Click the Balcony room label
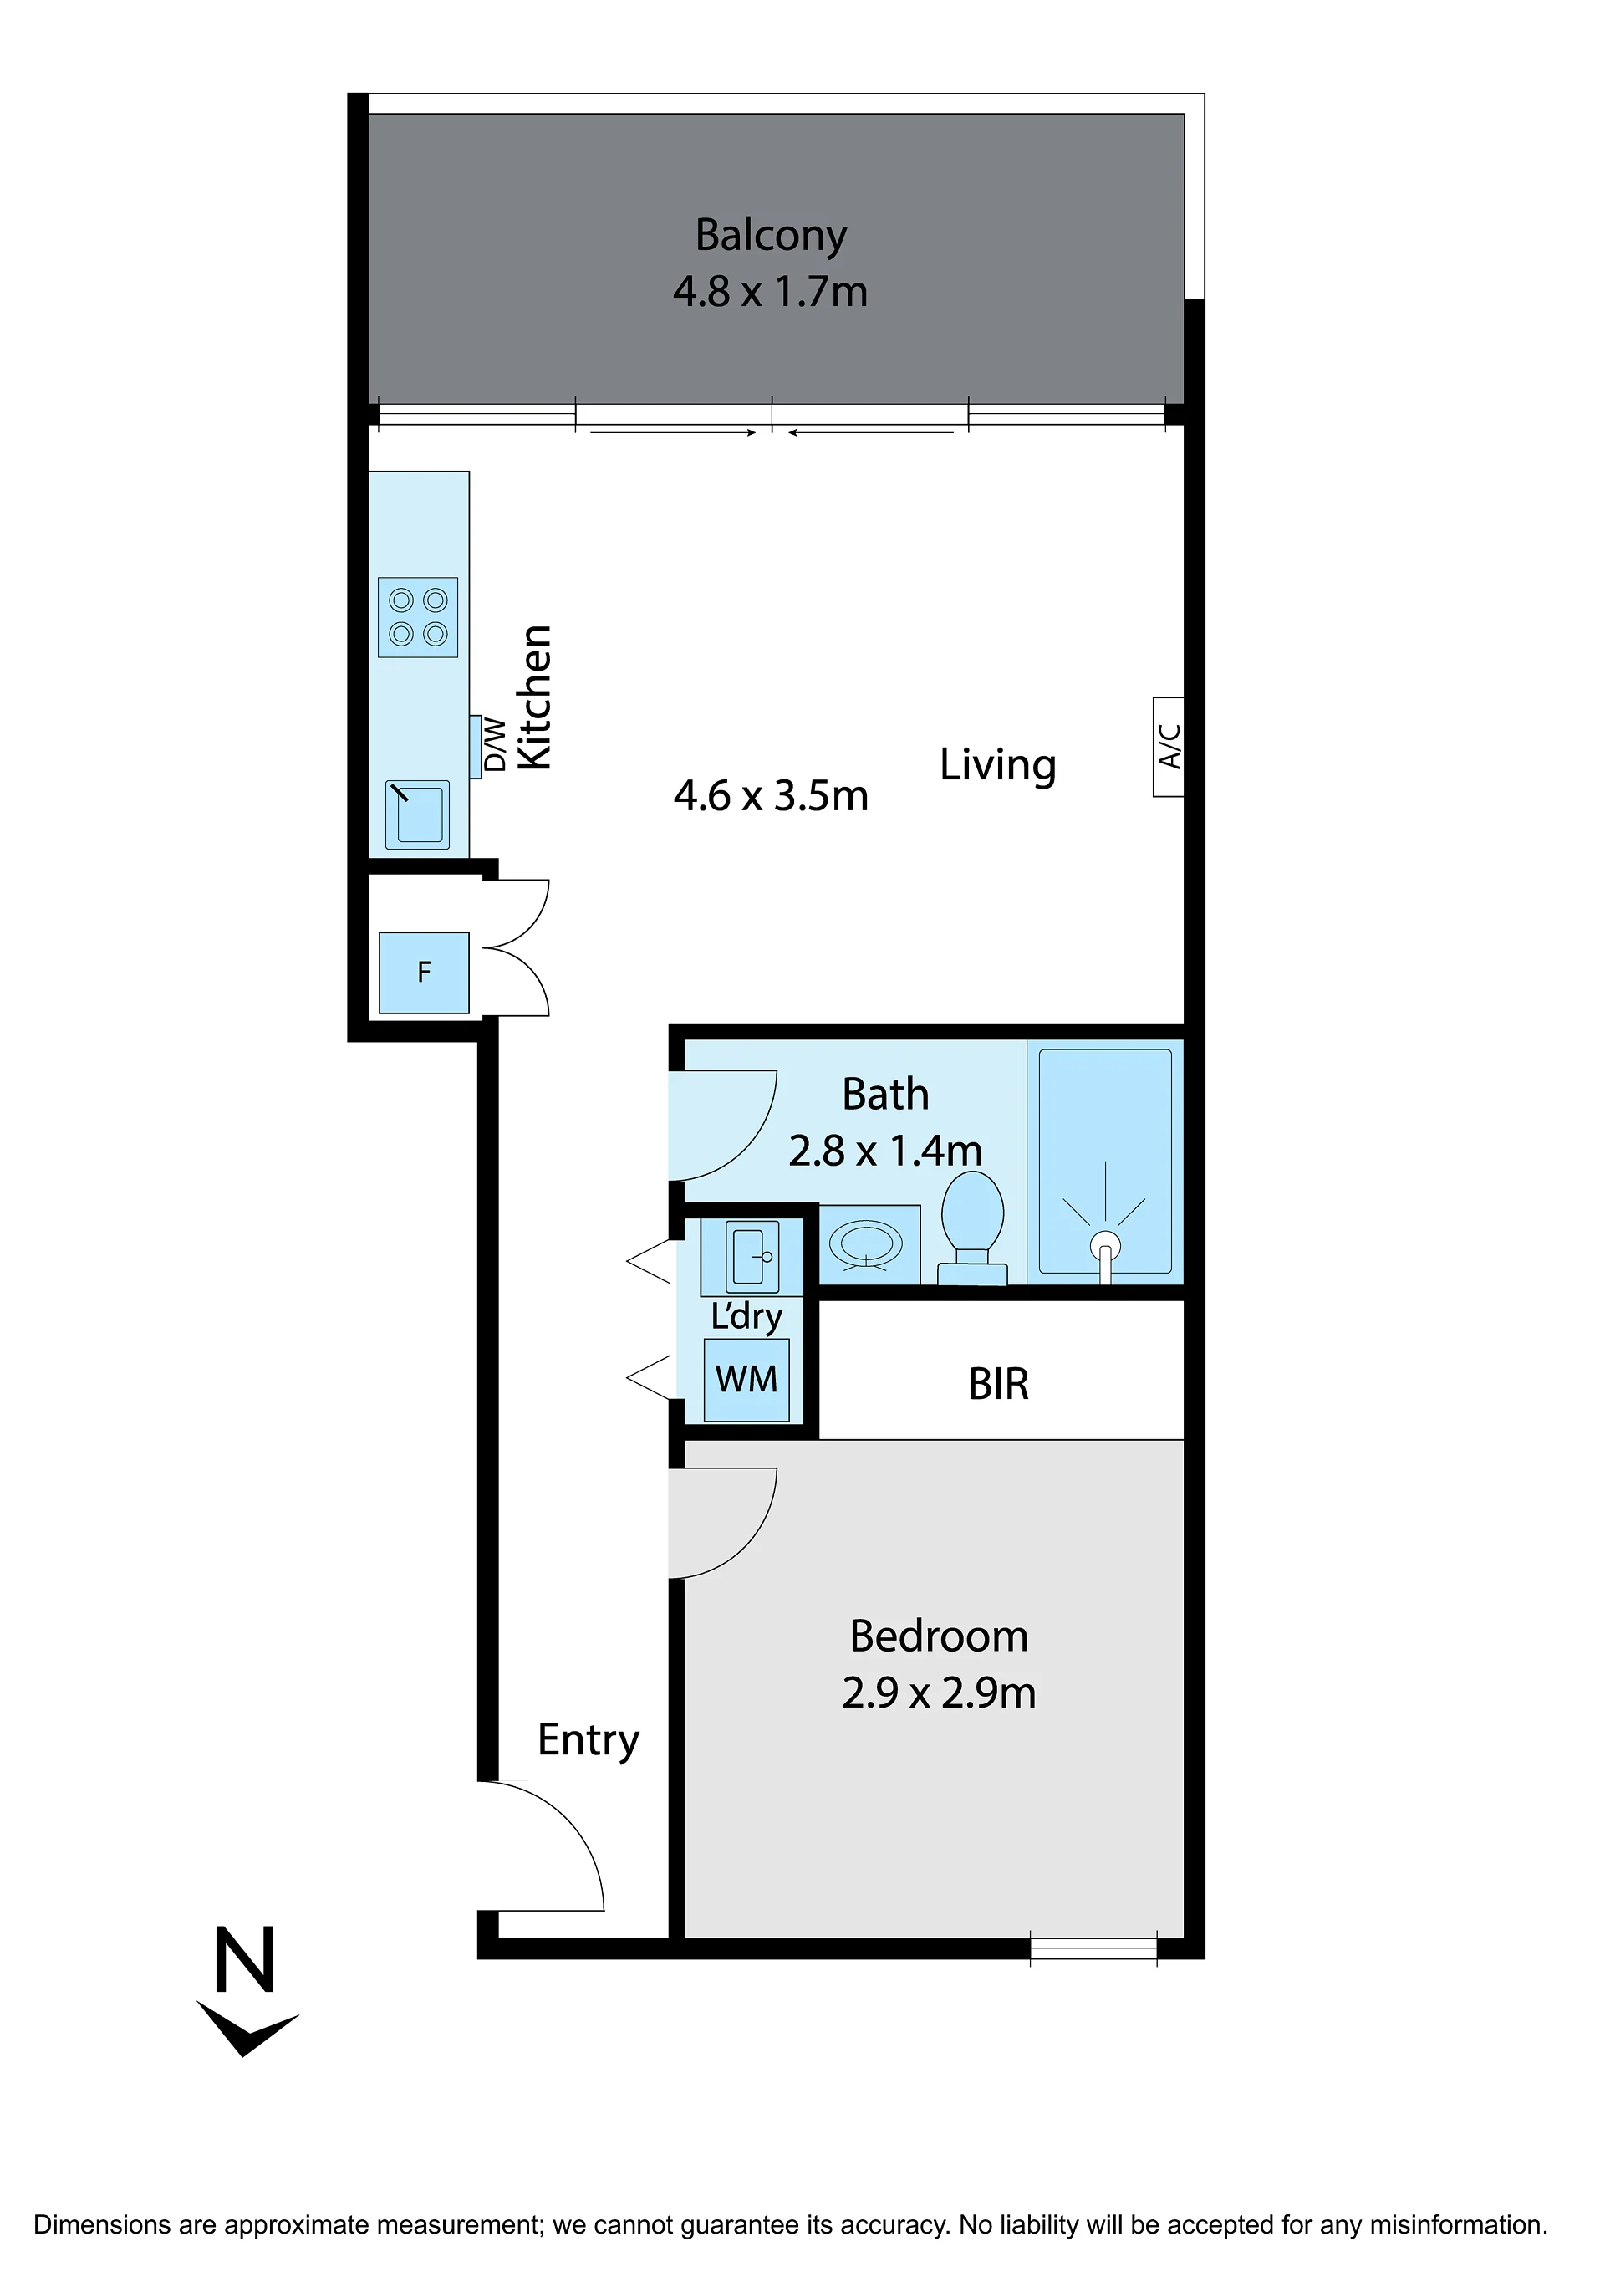tap(771, 237)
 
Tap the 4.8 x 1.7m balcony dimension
tap(771, 292)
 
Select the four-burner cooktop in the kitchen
tap(418, 616)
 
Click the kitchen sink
tap(418, 814)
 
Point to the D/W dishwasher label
tap(495, 744)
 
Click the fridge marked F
tap(425, 972)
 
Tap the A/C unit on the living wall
tap(1169, 746)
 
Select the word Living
tap(997, 766)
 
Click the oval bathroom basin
tap(866, 1243)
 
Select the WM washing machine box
tap(746, 1380)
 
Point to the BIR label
tap(998, 1385)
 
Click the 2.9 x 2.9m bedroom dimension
tap(939, 1693)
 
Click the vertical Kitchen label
tap(534, 697)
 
